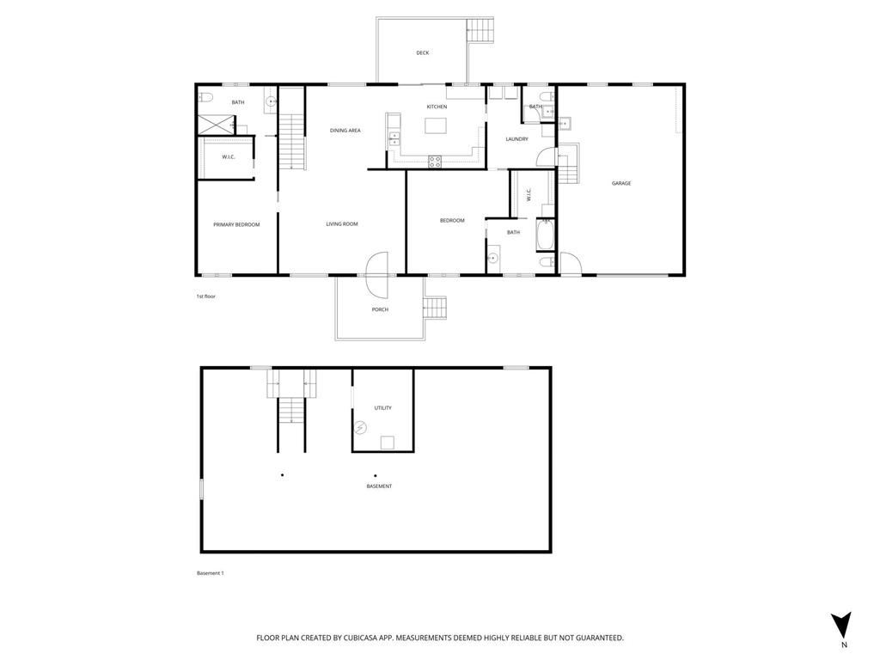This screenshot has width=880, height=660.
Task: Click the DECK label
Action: click(x=422, y=53)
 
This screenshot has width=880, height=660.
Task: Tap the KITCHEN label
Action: click(x=437, y=107)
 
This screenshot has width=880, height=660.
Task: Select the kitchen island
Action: click(x=437, y=126)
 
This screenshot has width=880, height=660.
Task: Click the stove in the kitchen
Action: click(x=435, y=159)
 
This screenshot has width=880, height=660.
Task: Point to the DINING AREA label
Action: click(x=345, y=131)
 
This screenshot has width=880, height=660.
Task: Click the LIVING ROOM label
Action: click(x=341, y=224)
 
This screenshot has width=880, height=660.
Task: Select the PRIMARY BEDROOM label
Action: click(x=236, y=224)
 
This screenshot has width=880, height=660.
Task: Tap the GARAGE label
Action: click(x=621, y=183)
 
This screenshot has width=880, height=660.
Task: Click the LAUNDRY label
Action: click(x=516, y=139)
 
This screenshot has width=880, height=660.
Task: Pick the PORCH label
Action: click(x=380, y=309)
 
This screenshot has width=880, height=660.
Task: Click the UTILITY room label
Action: click(x=382, y=408)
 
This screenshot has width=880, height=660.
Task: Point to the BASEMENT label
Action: click(x=379, y=486)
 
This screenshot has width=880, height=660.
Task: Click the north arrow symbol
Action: click(x=842, y=625)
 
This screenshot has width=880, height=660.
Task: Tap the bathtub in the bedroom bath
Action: click(x=546, y=234)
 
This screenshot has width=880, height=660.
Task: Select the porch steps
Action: click(x=437, y=308)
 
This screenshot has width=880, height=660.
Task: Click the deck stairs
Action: click(x=481, y=30)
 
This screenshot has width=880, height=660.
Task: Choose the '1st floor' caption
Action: click(x=205, y=296)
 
